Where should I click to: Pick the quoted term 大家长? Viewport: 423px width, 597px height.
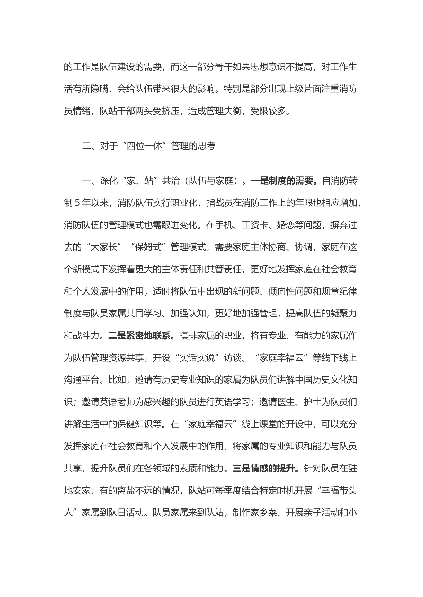(104, 247)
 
